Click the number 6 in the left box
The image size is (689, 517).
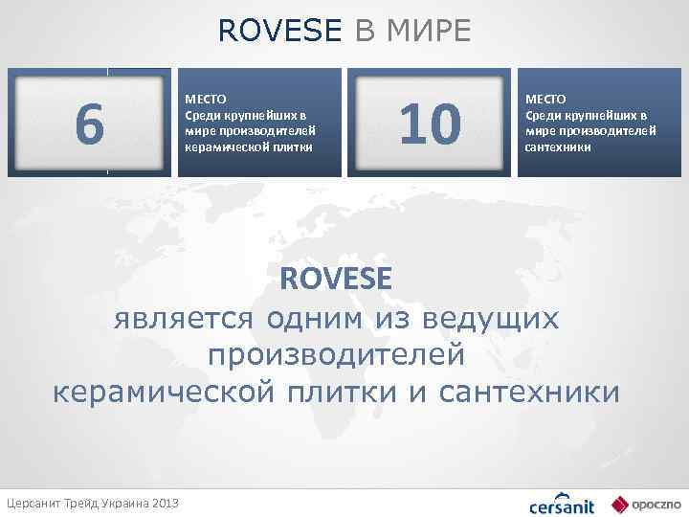89,125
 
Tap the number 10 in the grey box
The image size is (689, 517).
431,125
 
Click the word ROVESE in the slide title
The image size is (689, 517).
279,31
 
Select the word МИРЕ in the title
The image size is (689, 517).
428,31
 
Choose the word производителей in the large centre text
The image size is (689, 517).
336,354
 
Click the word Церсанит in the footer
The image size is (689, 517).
32,503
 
